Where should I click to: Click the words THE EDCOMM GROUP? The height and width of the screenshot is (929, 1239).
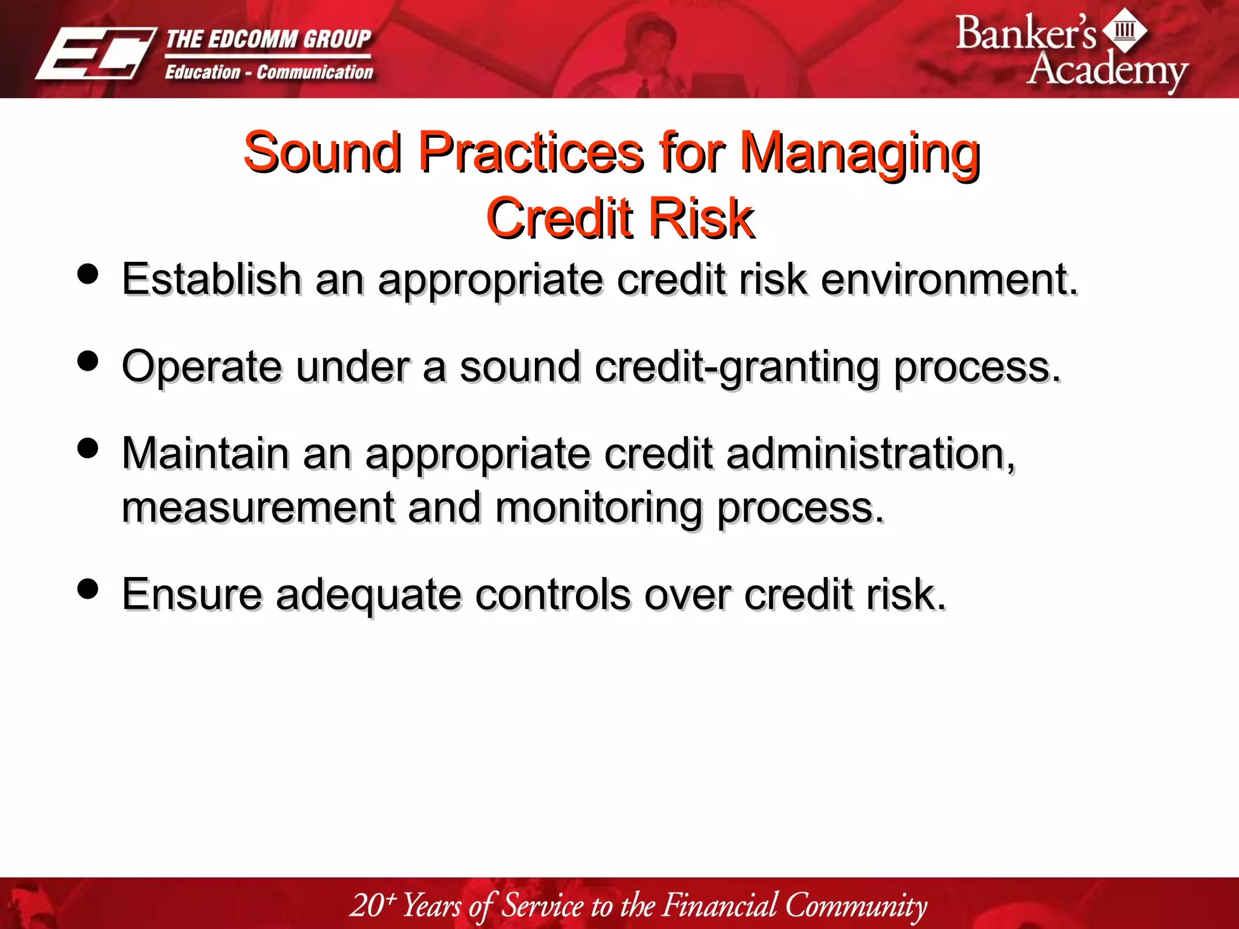pos(268,39)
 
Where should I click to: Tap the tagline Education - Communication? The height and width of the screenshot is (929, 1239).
pos(269,72)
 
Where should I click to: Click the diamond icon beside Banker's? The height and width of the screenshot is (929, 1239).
pos(1125,30)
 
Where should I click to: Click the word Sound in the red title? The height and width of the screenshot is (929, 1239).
pos(322,152)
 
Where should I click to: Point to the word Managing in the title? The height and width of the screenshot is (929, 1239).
pos(860,152)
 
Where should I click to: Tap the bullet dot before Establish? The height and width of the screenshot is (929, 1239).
pos(88,273)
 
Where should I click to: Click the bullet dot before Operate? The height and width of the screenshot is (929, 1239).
pos(88,361)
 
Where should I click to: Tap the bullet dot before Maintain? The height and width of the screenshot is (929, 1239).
pos(88,448)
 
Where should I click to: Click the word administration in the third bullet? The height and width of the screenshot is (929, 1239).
pos(870,454)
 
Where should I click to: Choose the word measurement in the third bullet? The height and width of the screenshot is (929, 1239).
pos(258,507)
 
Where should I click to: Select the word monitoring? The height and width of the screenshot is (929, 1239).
pos(599,507)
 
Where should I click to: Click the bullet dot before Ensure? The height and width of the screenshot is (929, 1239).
pos(88,588)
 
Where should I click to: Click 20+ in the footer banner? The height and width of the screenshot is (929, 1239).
pos(373,905)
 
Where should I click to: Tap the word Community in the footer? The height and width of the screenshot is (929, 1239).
pos(855,905)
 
